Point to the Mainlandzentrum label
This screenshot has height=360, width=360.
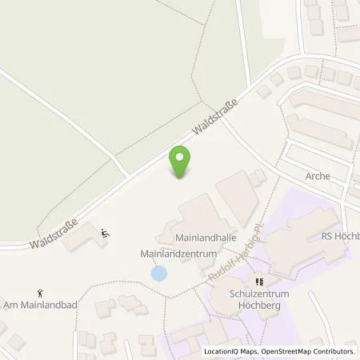(x=174, y=254)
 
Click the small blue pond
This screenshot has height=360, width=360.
(x=159, y=274)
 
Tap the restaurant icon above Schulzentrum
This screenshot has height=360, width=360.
(x=258, y=282)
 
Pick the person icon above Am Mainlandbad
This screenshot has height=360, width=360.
(x=41, y=294)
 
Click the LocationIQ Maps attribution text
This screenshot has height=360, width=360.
(x=231, y=351)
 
